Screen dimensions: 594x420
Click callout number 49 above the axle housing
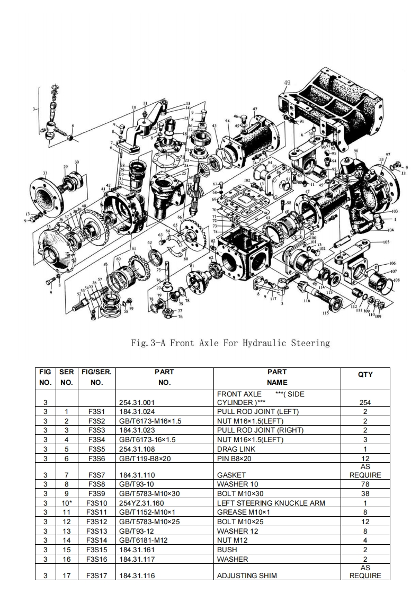click(287, 83)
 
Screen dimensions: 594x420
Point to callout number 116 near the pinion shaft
click(307, 301)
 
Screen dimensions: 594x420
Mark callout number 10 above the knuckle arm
click(133, 107)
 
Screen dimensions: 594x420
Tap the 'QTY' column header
click(365, 374)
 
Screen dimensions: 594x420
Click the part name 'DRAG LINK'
click(235, 449)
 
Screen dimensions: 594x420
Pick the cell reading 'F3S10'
click(96, 503)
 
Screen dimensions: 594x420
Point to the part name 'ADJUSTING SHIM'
click(245, 575)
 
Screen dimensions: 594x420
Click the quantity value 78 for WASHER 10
click(365, 484)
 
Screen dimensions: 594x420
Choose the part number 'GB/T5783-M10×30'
click(149, 493)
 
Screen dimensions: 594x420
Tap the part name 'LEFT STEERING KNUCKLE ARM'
click(271, 503)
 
